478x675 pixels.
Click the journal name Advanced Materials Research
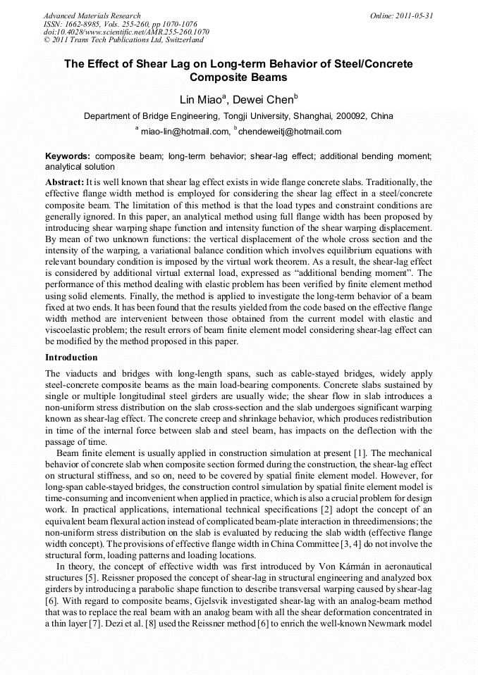(92, 15)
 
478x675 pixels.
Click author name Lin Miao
(199, 98)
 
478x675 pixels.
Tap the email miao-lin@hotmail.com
(185, 131)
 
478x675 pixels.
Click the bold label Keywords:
(68, 156)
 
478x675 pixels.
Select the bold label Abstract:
(65, 182)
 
